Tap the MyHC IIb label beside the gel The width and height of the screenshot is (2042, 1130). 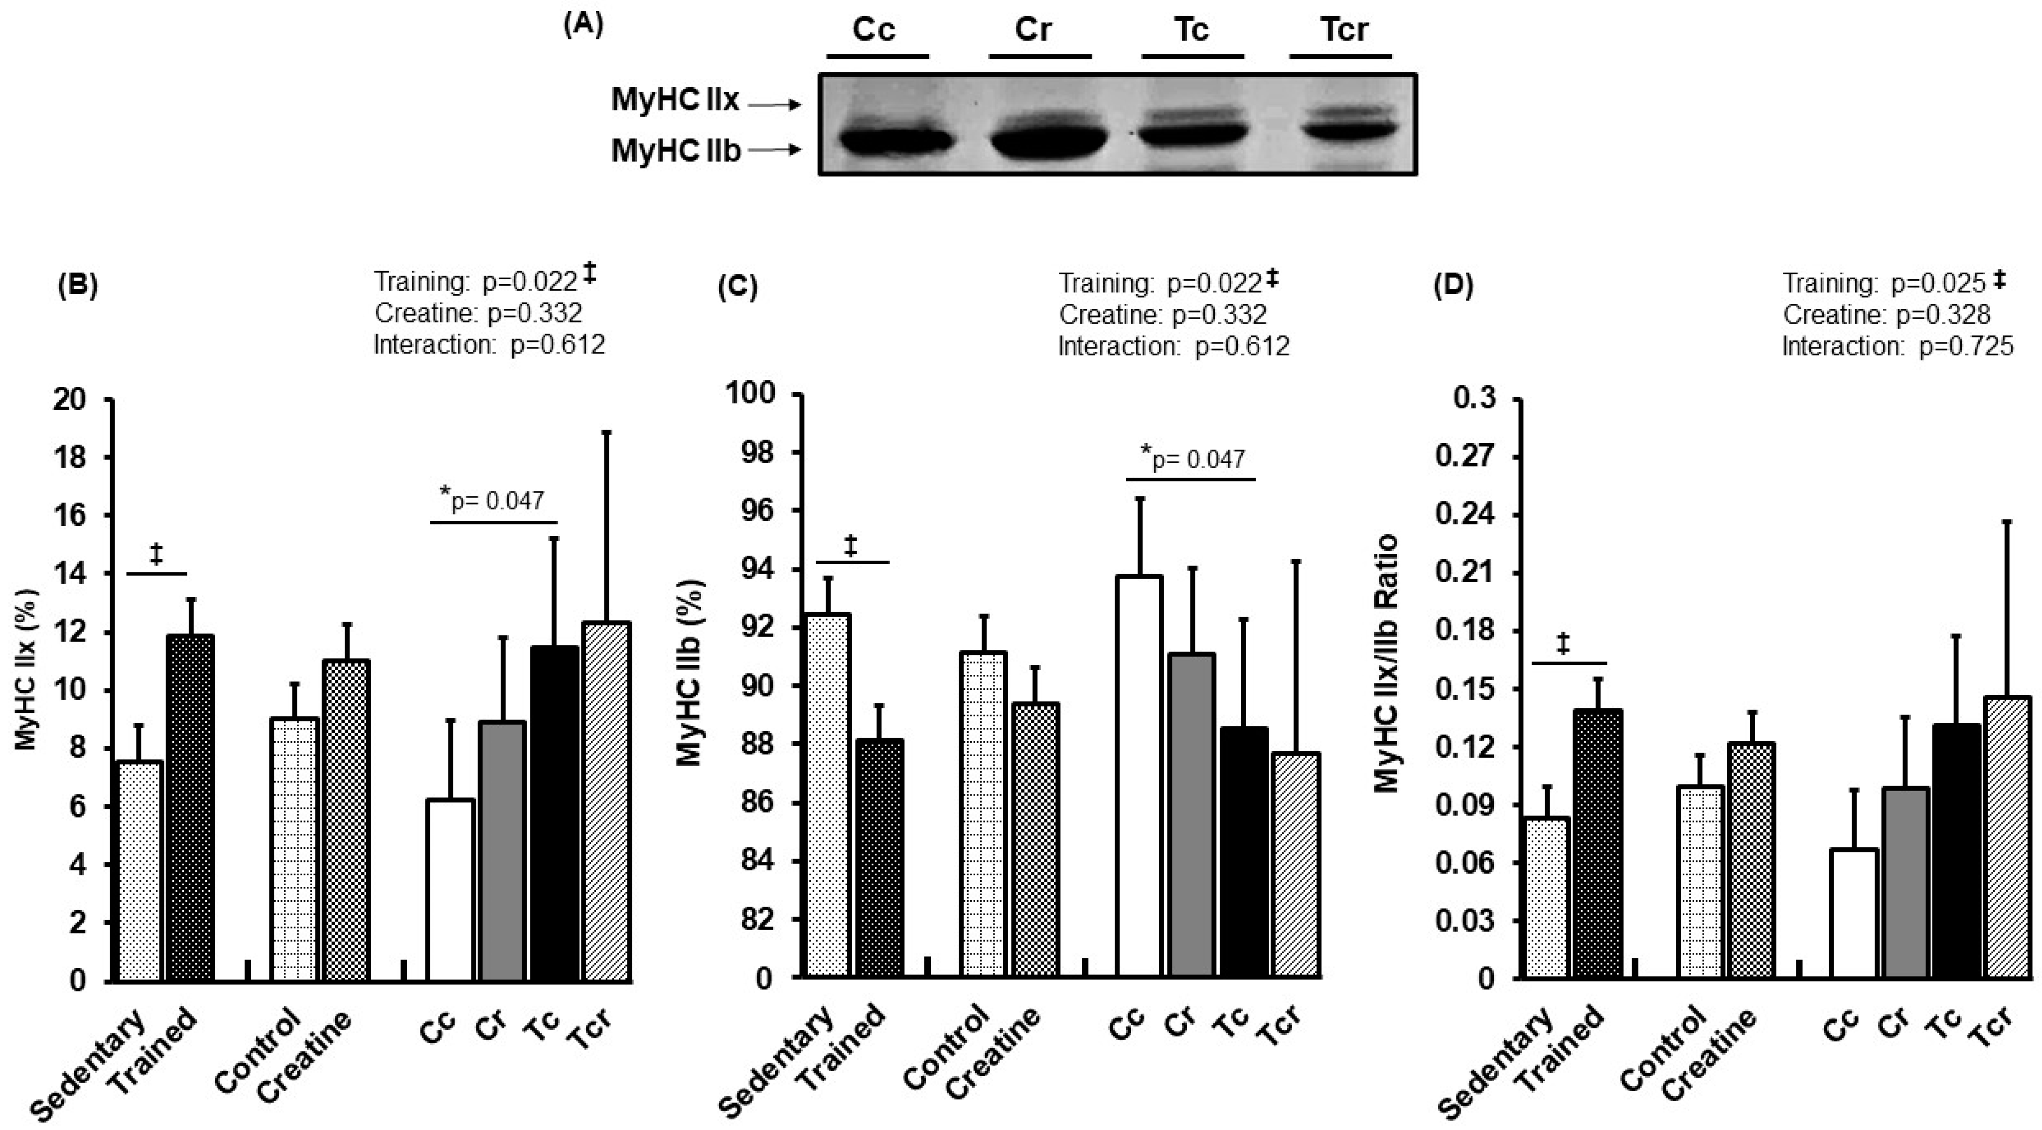pyautogui.click(x=675, y=151)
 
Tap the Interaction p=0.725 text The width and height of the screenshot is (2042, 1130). pyautogui.click(x=1897, y=346)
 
